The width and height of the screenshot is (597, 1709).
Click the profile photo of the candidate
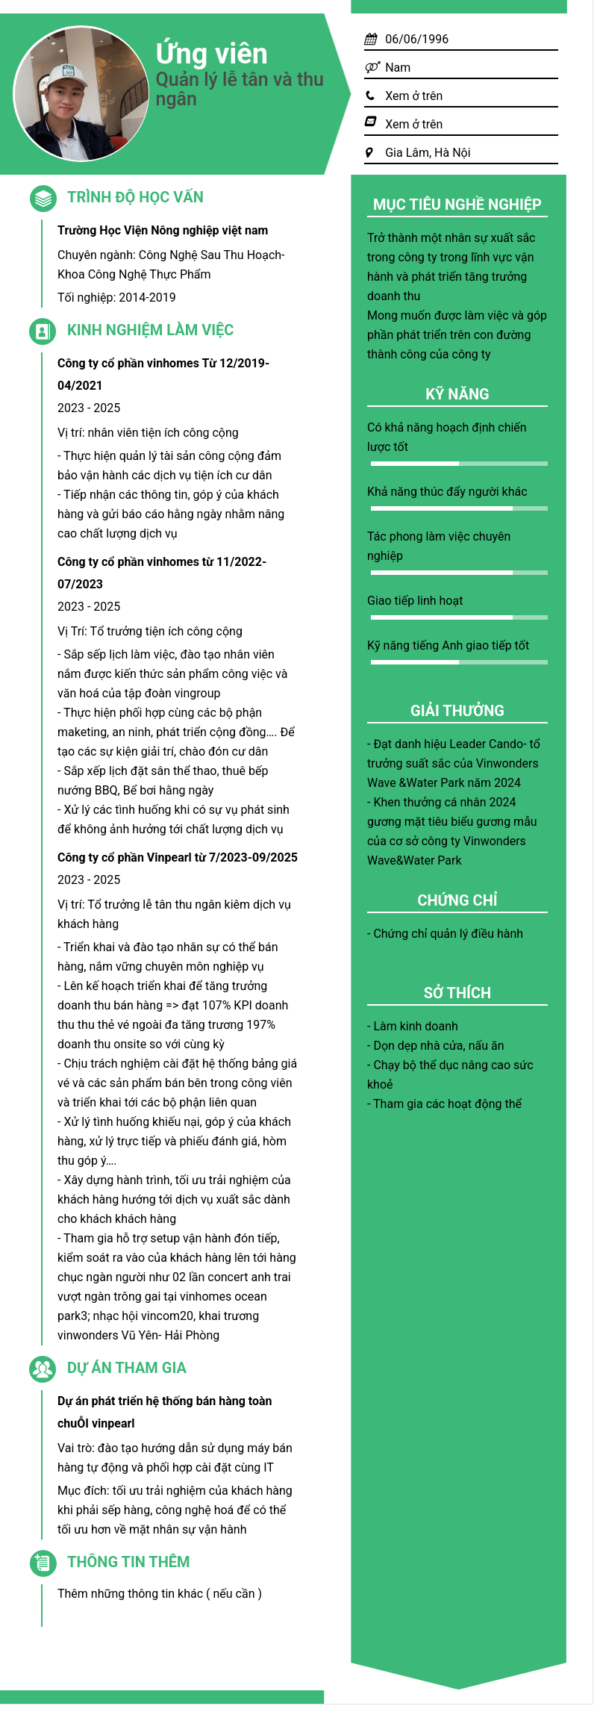pyautogui.click(x=81, y=94)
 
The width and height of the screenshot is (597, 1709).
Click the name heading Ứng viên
pyautogui.click(x=211, y=54)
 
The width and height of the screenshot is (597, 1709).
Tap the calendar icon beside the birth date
pyautogui.click(x=370, y=39)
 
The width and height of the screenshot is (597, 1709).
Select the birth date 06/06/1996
pyautogui.click(x=416, y=39)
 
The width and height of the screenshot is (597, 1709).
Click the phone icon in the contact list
pyautogui.click(x=370, y=96)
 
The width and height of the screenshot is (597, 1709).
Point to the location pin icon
pyautogui.click(x=369, y=152)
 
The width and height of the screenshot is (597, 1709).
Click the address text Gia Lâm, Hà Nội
pyautogui.click(x=428, y=152)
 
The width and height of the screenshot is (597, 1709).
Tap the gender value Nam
pyautogui.click(x=398, y=67)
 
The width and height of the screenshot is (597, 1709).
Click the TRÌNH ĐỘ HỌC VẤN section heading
pyautogui.click(x=135, y=197)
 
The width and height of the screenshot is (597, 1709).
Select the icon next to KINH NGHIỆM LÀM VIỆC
pyautogui.click(x=43, y=331)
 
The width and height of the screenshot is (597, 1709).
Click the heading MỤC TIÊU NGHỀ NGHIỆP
pyautogui.click(x=457, y=205)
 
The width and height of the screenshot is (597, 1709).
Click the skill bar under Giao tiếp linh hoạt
pyautogui.click(x=459, y=617)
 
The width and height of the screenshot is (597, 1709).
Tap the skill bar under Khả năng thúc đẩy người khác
pyautogui.click(x=459, y=508)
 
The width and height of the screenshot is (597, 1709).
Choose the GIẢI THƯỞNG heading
pyautogui.click(x=457, y=711)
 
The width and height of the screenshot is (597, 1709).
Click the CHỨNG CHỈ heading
pyautogui.click(x=457, y=900)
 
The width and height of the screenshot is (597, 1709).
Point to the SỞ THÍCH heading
pyautogui.click(x=457, y=993)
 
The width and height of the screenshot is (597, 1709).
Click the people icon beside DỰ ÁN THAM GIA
pyautogui.click(x=43, y=1369)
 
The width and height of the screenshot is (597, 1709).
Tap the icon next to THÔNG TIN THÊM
pyautogui.click(x=43, y=1563)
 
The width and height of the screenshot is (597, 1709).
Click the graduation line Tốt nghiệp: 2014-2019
pyautogui.click(x=116, y=297)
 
